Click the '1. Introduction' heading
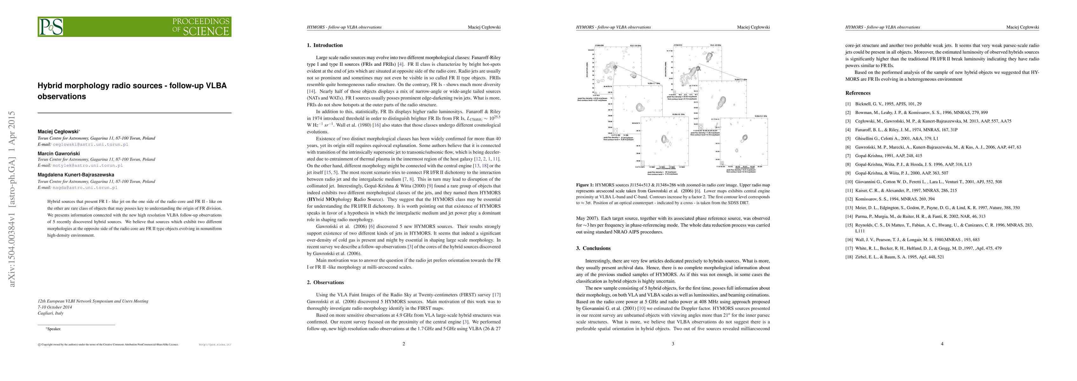[324, 45]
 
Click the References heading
[858, 93]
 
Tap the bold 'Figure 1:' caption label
[585, 185]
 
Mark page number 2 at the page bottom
[404, 344]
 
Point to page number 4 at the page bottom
[942, 344]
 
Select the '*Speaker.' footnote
[54, 329]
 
